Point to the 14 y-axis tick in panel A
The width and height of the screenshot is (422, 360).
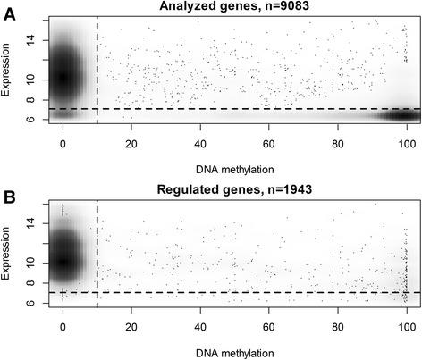click(x=30, y=40)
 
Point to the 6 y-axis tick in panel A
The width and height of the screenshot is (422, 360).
click(x=30, y=118)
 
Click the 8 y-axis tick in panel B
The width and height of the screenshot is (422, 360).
click(x=30, y=283)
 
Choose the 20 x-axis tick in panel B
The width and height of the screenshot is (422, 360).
click(x=131, y=325)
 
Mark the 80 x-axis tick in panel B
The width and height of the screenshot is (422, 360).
click(x=339, y=325)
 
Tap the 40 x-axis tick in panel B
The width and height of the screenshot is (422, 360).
click(x=200, y=325)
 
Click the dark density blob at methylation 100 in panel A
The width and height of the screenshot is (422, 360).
click(x=396, y=115)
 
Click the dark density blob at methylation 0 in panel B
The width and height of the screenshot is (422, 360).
click(x=63, y=261)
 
